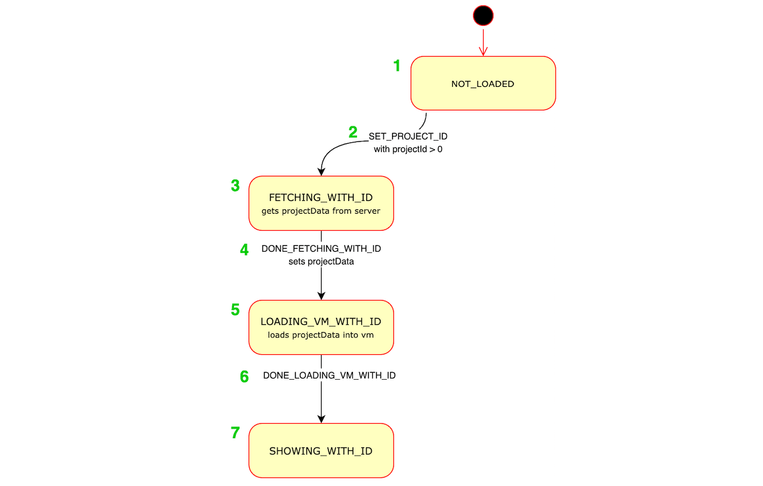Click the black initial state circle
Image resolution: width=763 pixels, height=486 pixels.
click(x=483, y=16)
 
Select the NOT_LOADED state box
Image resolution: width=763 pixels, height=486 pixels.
click(x=483, y=83)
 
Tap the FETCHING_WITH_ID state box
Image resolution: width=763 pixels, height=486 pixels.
click(x=321, y=203)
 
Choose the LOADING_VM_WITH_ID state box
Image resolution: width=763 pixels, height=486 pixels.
click(x=321, y=327)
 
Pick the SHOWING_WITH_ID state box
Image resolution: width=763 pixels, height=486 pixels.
click(x=321, y=450)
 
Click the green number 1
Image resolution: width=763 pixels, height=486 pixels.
click(x=397, y=66)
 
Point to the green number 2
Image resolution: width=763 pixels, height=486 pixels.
click(x=353, y=132)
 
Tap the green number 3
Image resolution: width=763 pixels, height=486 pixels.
click(x=235, y=186)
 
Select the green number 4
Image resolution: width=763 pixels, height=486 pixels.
click(x=244, y=250)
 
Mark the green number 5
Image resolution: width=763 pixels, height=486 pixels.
click(x=235, y=310)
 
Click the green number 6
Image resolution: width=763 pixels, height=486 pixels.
click(x=244, y=377)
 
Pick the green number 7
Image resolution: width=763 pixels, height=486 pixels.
click(x=235, y=433)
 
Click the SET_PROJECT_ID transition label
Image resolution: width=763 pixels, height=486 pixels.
click(x=408, y=136)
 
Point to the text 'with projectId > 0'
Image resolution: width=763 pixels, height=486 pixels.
click(x=408, y=149)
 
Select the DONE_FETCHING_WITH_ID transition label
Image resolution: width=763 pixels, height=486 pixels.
click(x=321, y=249)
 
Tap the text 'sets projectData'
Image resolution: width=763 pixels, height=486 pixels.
click(x=321, y=262)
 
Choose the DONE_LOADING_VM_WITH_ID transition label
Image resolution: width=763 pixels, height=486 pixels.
click(x=329, y=376)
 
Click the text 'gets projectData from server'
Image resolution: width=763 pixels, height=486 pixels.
click(x=321, y=211)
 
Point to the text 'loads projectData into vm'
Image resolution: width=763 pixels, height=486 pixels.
click(x=321, y=335)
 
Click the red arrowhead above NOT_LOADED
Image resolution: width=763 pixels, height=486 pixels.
click(x=483, y=52)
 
